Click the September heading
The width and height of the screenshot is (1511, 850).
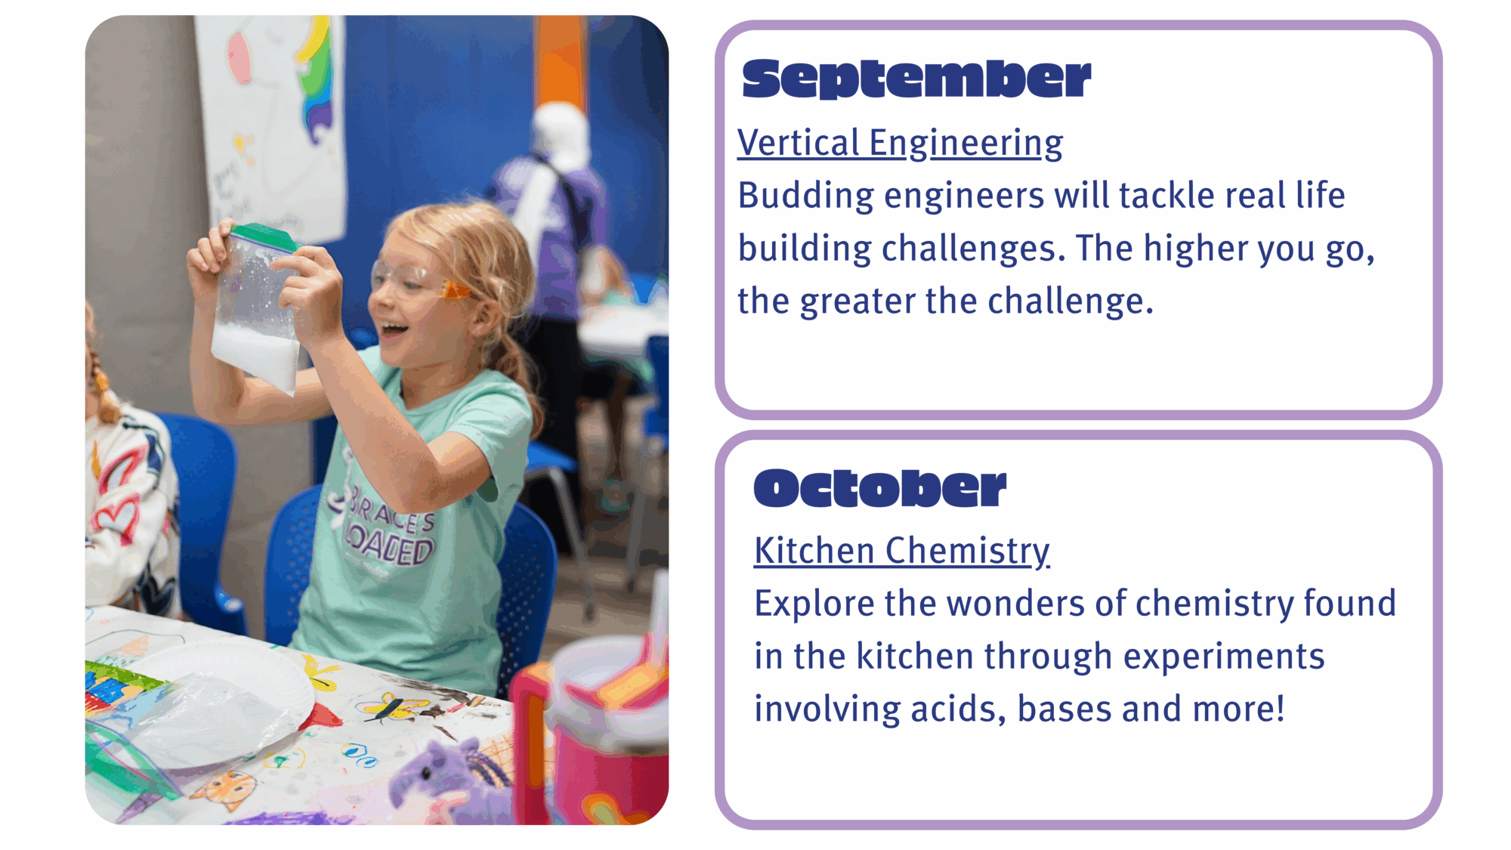click(916, 79)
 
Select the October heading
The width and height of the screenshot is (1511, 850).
click(880, 487)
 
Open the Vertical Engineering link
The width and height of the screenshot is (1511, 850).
click(901, 143)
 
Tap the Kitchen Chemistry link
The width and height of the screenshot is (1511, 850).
click(902, 551)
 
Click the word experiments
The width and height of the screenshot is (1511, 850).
click(1224, 657)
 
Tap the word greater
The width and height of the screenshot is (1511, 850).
click(858, 301)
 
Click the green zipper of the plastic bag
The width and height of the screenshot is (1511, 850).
click(264, 237)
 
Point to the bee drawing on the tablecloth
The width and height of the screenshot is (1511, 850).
click(393, 706)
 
